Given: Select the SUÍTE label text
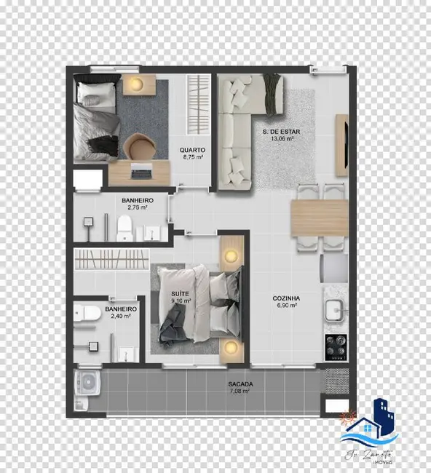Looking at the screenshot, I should click(181, 293).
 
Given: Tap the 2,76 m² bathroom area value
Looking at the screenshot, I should click(136, 207).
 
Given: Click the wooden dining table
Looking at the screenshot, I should click(319, 218).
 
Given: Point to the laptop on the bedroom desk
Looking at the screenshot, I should click(141, 172).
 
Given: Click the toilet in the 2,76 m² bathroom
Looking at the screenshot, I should click(124, 226).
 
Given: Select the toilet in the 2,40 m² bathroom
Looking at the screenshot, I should click(90, 314).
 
